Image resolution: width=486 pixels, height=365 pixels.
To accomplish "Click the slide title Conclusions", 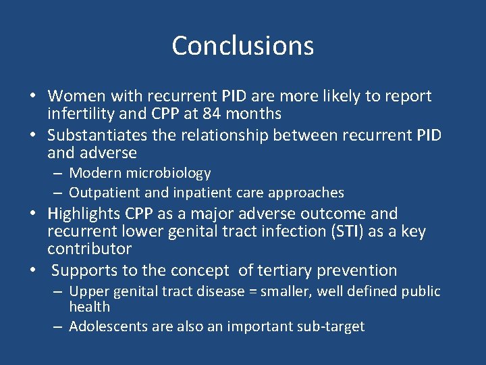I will [242, 46].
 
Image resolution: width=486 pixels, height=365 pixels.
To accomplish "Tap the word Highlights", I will [84, 214].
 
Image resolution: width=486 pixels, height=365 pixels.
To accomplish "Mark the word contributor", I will [89, 249].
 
